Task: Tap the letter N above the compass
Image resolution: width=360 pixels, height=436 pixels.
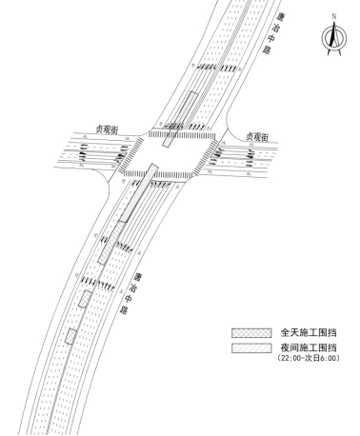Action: click(333, 16)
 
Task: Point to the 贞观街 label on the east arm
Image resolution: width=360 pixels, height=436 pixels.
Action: click(260, 137)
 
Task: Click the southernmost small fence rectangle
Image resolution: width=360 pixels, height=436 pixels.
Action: click(70, 336)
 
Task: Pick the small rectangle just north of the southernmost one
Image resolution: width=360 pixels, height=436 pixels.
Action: click(85, 299)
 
